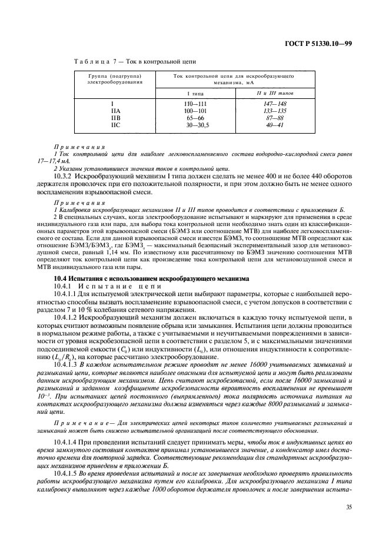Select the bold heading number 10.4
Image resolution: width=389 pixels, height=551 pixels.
(x=61, y=277)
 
